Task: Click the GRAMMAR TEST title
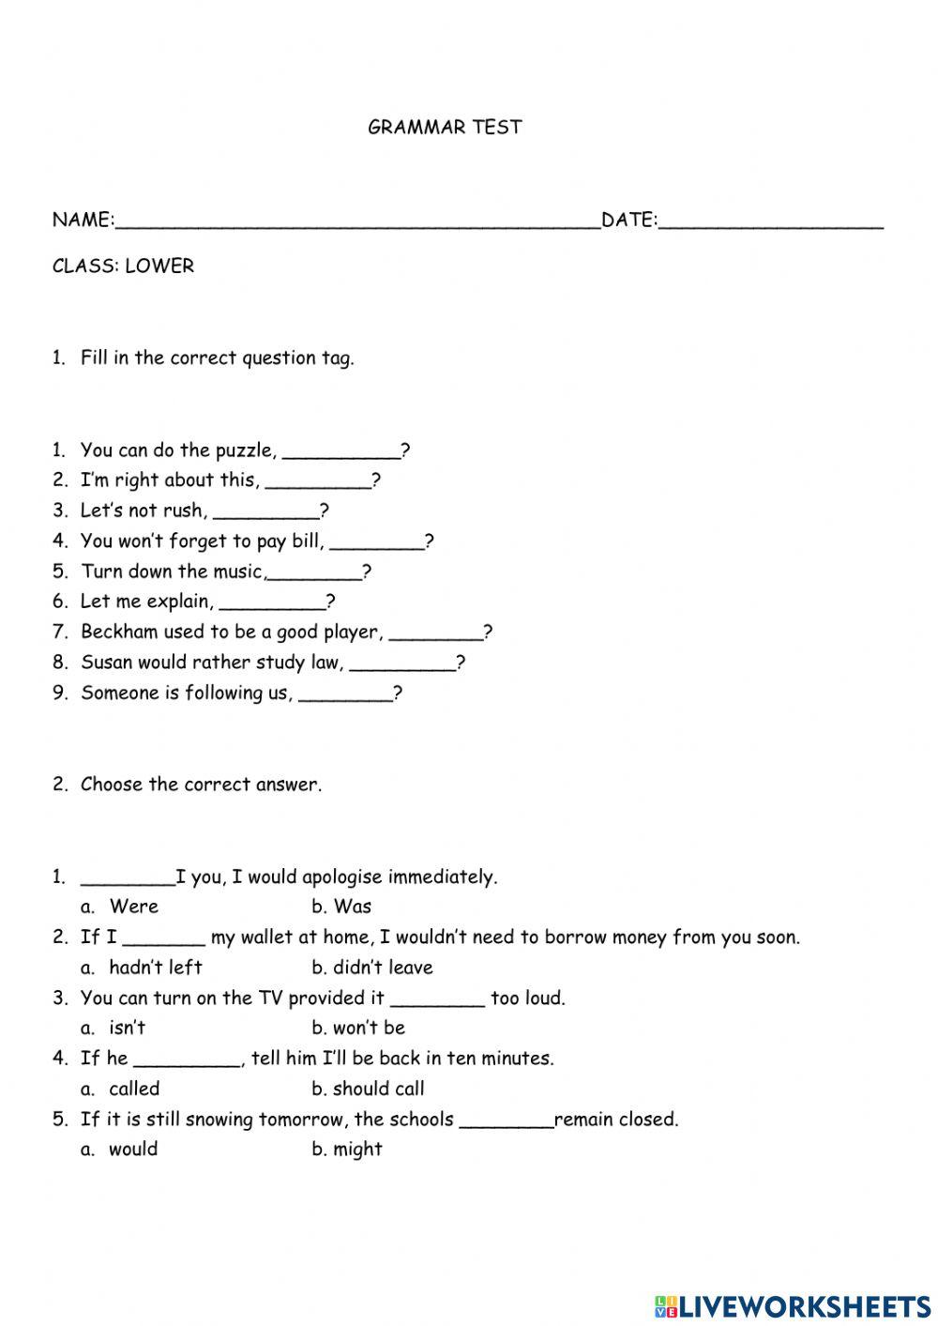pyautogui.click(x=445, y=128)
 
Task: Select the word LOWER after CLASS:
pyautogui.click(x=159, y=267)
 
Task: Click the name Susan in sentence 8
pyautogui.click(x=106, y=663)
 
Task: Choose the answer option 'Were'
pyautogui.click(x=134, y=907)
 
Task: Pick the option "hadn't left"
pyautogui.click(x=156, y=968)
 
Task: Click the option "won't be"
pyautogui.click(x=369, y=1028)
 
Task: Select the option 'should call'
pyautogui.click(x=378, y=1089)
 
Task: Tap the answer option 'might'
pyautogui.click(x=357, y=1150)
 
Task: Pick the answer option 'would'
pyautogui.click(x=133, y=1150)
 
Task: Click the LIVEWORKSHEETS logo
pyautogui.click(x=792, y=1305)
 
